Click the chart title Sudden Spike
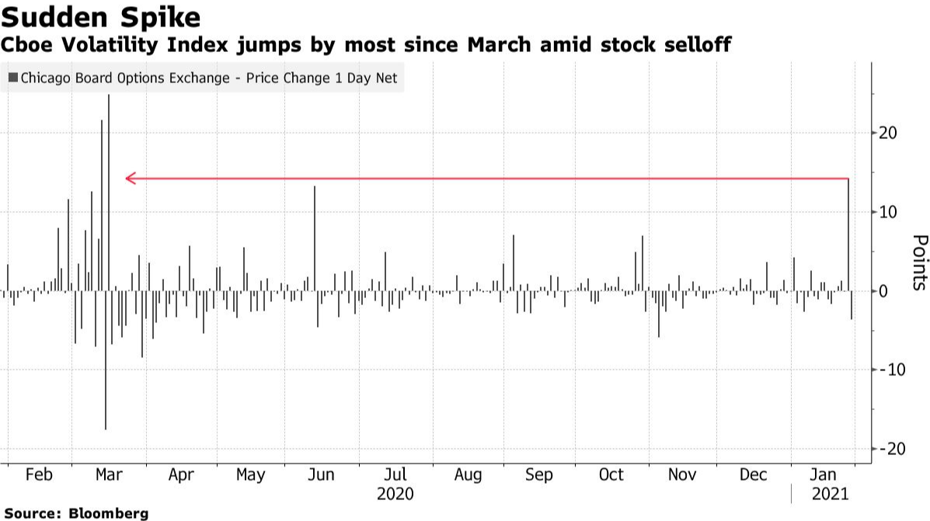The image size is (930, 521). click(102, 16)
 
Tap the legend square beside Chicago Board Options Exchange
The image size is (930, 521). click(13, 78)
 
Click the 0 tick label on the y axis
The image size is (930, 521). click(883, 291)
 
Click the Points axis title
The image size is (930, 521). click(919, 262)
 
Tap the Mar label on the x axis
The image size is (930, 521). click(107, 474)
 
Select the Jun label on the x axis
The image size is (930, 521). click(321, 474)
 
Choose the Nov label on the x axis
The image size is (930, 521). click(681, 474)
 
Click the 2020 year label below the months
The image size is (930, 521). click(395, 494)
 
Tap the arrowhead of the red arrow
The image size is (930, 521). click(131, 179)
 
